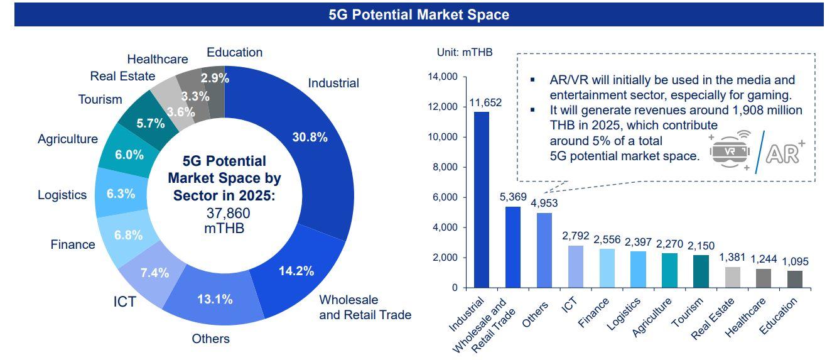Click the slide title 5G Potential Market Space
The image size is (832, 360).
click(419, 14)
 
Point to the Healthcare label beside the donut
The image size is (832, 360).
click(158, 59)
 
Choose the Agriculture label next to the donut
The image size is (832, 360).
click(68, 139)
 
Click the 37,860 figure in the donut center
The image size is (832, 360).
click(228, 213)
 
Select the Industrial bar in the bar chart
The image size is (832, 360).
click(482, 200)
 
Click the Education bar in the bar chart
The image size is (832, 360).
click(795, 279)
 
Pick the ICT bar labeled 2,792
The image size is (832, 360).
click(576, 266)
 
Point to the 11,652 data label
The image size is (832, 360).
click(485, 102)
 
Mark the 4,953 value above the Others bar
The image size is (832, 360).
click(544, 203)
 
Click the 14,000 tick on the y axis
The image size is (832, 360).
click(443, 77)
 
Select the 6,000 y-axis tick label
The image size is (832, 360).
click(445, 197)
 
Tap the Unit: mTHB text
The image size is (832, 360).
click(465, 52)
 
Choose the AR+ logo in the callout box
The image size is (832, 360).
click(785, 152)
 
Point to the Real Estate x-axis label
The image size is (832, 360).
click(713, 319)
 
